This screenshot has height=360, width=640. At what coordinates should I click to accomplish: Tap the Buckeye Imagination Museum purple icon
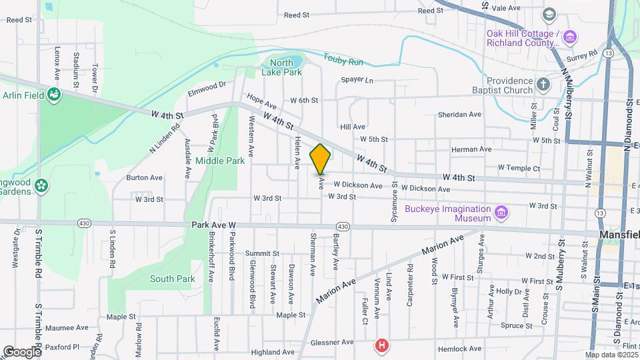(501, 213)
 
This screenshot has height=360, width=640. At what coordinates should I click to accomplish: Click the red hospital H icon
(381, 345)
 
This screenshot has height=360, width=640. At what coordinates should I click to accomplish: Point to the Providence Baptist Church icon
(543, 85)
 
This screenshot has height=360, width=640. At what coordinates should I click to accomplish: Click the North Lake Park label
(281, 67)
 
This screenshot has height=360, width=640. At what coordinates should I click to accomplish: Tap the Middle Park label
(221, 161)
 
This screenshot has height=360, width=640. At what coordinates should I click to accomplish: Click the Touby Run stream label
(343, 61)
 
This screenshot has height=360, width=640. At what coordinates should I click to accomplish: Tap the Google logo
(22, 351)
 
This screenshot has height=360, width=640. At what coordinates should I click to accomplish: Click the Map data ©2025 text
(611, 355)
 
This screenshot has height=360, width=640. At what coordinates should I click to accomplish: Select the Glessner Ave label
(332, 342)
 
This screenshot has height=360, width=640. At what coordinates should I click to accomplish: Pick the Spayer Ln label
(357, 80)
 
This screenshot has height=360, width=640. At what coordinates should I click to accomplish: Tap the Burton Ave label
(145, 178)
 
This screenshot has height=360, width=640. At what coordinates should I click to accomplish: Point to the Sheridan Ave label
(459, 114)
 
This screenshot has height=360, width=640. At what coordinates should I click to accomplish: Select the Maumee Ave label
(67, 328)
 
